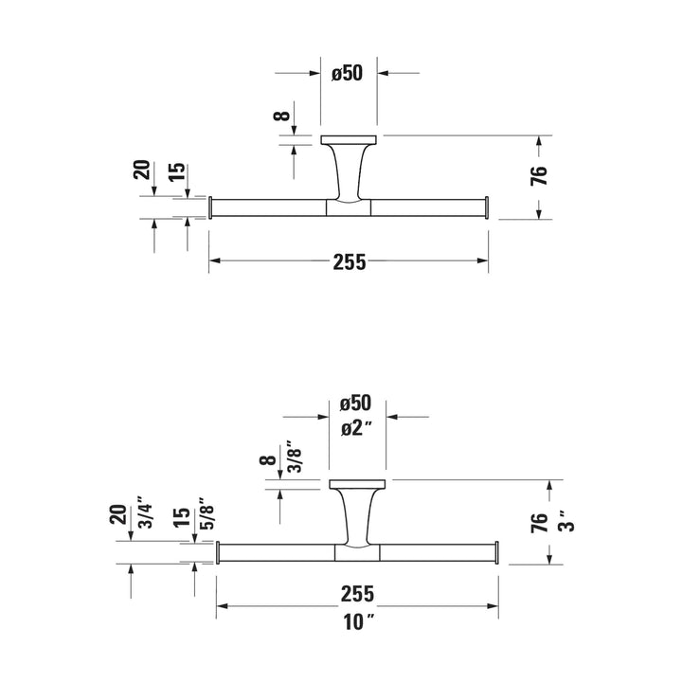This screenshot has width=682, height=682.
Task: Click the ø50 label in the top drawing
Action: coord(347,73)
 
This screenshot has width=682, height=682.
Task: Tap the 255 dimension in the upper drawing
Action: coord(350,262)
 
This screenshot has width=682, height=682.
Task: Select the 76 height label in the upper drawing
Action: coord(538,175)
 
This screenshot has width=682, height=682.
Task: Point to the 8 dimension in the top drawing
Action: coord(281,116)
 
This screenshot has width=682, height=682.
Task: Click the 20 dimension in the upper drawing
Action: coord(142,170)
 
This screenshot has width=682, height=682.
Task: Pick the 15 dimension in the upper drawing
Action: coord(176,172)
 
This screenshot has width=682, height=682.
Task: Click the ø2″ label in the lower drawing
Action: coord(357,429)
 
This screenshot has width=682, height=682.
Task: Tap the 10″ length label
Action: coord(359,622)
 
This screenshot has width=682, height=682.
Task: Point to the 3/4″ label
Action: coord(146,512)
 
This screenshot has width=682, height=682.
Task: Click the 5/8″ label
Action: coord(207,513)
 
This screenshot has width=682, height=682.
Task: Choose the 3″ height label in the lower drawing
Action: coord(566,521)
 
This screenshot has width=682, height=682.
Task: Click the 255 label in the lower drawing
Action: coord(357,594)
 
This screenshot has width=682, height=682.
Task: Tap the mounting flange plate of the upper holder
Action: coord(349,139)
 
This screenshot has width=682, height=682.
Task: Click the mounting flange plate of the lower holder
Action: coord(357,484)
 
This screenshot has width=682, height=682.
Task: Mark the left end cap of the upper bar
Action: coord(210,207)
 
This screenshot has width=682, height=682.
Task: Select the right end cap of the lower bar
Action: coord(496,552)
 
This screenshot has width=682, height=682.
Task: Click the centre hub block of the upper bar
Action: coord(349,207)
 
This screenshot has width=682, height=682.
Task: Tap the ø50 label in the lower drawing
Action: coord(356,404)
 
